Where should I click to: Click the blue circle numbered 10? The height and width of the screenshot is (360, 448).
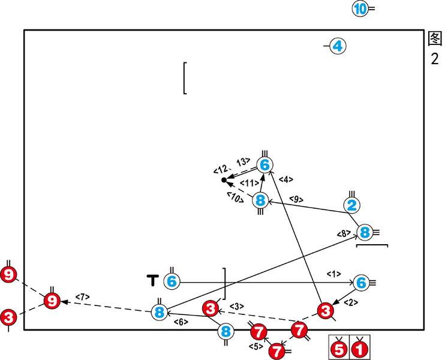click(x=360, y=9)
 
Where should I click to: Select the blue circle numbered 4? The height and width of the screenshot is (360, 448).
click(x=338, y=46)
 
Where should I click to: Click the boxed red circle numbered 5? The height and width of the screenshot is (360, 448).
click(x=339, y=347)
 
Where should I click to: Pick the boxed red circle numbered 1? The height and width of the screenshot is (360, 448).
click(x=360, y=347)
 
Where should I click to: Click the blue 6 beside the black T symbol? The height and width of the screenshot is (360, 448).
click(x=172, y=281)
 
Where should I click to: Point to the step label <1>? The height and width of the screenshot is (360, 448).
click(x=333, y=274)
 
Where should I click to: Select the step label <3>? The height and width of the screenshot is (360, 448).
click(x=237, y=307)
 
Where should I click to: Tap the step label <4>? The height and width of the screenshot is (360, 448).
click(x=286, y=179)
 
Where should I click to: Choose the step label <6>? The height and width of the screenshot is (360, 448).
click(x=180, y=322)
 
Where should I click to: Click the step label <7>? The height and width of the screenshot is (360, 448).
click(x=82, y=296)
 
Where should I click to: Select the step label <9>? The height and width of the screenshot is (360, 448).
click(x=296, y=199)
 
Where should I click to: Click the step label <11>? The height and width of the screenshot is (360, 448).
click(x=249, y=183)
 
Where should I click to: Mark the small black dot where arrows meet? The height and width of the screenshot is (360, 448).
click(x=224, y=180)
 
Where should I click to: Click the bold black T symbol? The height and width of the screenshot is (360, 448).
click(x=152, y=280)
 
